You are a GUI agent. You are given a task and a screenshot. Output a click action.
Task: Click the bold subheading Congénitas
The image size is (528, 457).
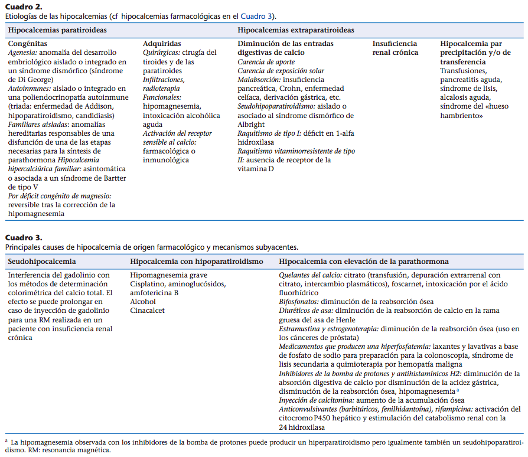click(27, 44)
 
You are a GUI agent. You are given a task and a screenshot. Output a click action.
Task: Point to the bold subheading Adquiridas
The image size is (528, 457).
click(162, 44)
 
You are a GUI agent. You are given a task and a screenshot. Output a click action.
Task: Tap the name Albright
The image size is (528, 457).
click(252, 123)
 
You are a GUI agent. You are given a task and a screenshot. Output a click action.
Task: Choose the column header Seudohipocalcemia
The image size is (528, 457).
click(42, 261)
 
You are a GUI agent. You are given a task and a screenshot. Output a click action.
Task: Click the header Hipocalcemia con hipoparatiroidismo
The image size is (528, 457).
click(197, 261)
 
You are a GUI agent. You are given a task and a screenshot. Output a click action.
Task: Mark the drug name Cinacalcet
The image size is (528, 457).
click(148, 311)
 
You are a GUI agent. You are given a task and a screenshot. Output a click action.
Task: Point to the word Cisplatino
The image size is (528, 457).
click(149, 284)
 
